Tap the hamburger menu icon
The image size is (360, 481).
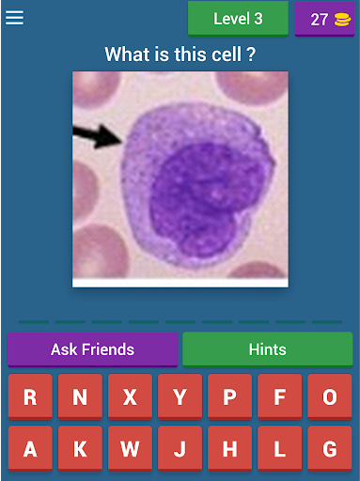14,18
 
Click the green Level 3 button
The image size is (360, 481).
238,19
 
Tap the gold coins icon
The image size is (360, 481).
342,20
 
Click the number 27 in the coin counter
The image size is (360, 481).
319,20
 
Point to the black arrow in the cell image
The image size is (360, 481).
98,135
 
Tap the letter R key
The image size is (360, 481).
30,396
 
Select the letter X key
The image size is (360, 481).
130,396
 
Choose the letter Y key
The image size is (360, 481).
180,396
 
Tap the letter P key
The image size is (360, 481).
229,396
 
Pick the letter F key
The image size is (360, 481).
280,396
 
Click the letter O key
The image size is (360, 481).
330,396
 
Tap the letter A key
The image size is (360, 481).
30,448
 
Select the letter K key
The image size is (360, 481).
80,448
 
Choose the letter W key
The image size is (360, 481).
130,448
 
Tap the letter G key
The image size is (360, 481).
330,448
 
